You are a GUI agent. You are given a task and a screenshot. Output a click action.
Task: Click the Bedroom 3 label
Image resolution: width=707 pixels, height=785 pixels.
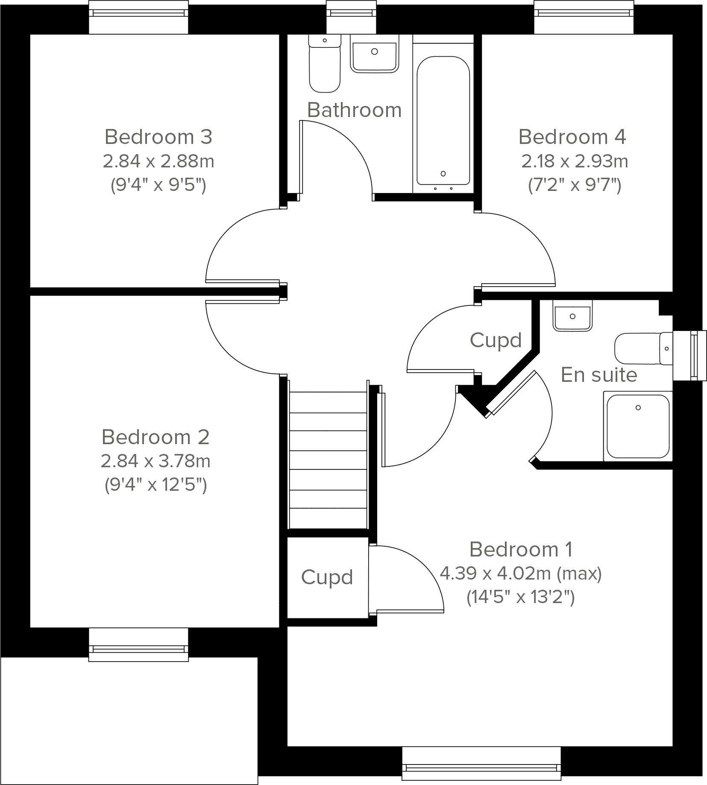(158, 137)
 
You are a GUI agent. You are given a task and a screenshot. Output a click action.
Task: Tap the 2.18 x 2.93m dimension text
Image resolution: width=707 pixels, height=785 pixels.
(574, 161)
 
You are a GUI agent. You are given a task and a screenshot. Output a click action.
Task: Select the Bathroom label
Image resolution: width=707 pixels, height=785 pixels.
(354, 110)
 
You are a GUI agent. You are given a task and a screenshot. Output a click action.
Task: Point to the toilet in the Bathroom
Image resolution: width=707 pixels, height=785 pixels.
(325, 64)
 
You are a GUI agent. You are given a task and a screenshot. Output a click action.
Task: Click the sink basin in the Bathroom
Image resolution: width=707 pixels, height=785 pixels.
(374, 53)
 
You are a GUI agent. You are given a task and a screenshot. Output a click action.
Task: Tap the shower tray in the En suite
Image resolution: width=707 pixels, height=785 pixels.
(638, 426)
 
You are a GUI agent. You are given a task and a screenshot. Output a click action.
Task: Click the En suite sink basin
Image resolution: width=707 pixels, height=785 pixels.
(572, 316)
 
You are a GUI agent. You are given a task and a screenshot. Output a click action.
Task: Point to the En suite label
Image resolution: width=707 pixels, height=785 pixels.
(599, 375)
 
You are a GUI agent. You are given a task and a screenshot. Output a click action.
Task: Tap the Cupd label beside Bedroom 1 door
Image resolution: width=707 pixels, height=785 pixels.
(327, 577)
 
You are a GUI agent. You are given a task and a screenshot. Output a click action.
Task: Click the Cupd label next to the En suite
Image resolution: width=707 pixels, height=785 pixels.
(496, 340)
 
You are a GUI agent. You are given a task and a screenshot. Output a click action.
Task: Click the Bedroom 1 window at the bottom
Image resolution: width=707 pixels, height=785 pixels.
(481, 768)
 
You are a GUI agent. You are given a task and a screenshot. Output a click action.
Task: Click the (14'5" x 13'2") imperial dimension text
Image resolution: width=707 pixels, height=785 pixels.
(520, 597)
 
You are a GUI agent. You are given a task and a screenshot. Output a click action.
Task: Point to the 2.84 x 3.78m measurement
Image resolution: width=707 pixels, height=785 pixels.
(155, 461)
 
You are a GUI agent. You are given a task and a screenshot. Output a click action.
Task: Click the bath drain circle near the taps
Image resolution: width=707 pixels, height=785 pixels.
(443, 173)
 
